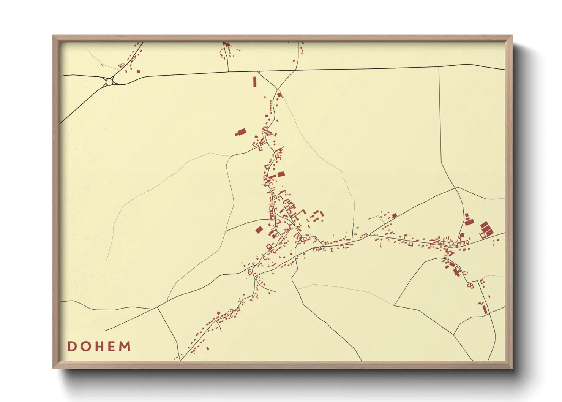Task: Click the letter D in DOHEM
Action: [71, 347]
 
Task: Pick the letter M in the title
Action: [125, 347]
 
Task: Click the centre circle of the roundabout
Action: [109, 82]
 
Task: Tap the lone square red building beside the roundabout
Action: [139, 71]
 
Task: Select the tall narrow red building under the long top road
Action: [255, 82]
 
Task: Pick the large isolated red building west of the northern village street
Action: [241, 132]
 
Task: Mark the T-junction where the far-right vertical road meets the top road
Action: [439, 67]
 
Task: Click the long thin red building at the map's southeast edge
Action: [485, 309]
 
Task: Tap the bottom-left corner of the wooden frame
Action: [54, 368]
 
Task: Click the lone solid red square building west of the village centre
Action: [259, 230]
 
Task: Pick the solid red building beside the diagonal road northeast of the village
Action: [394, 216]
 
